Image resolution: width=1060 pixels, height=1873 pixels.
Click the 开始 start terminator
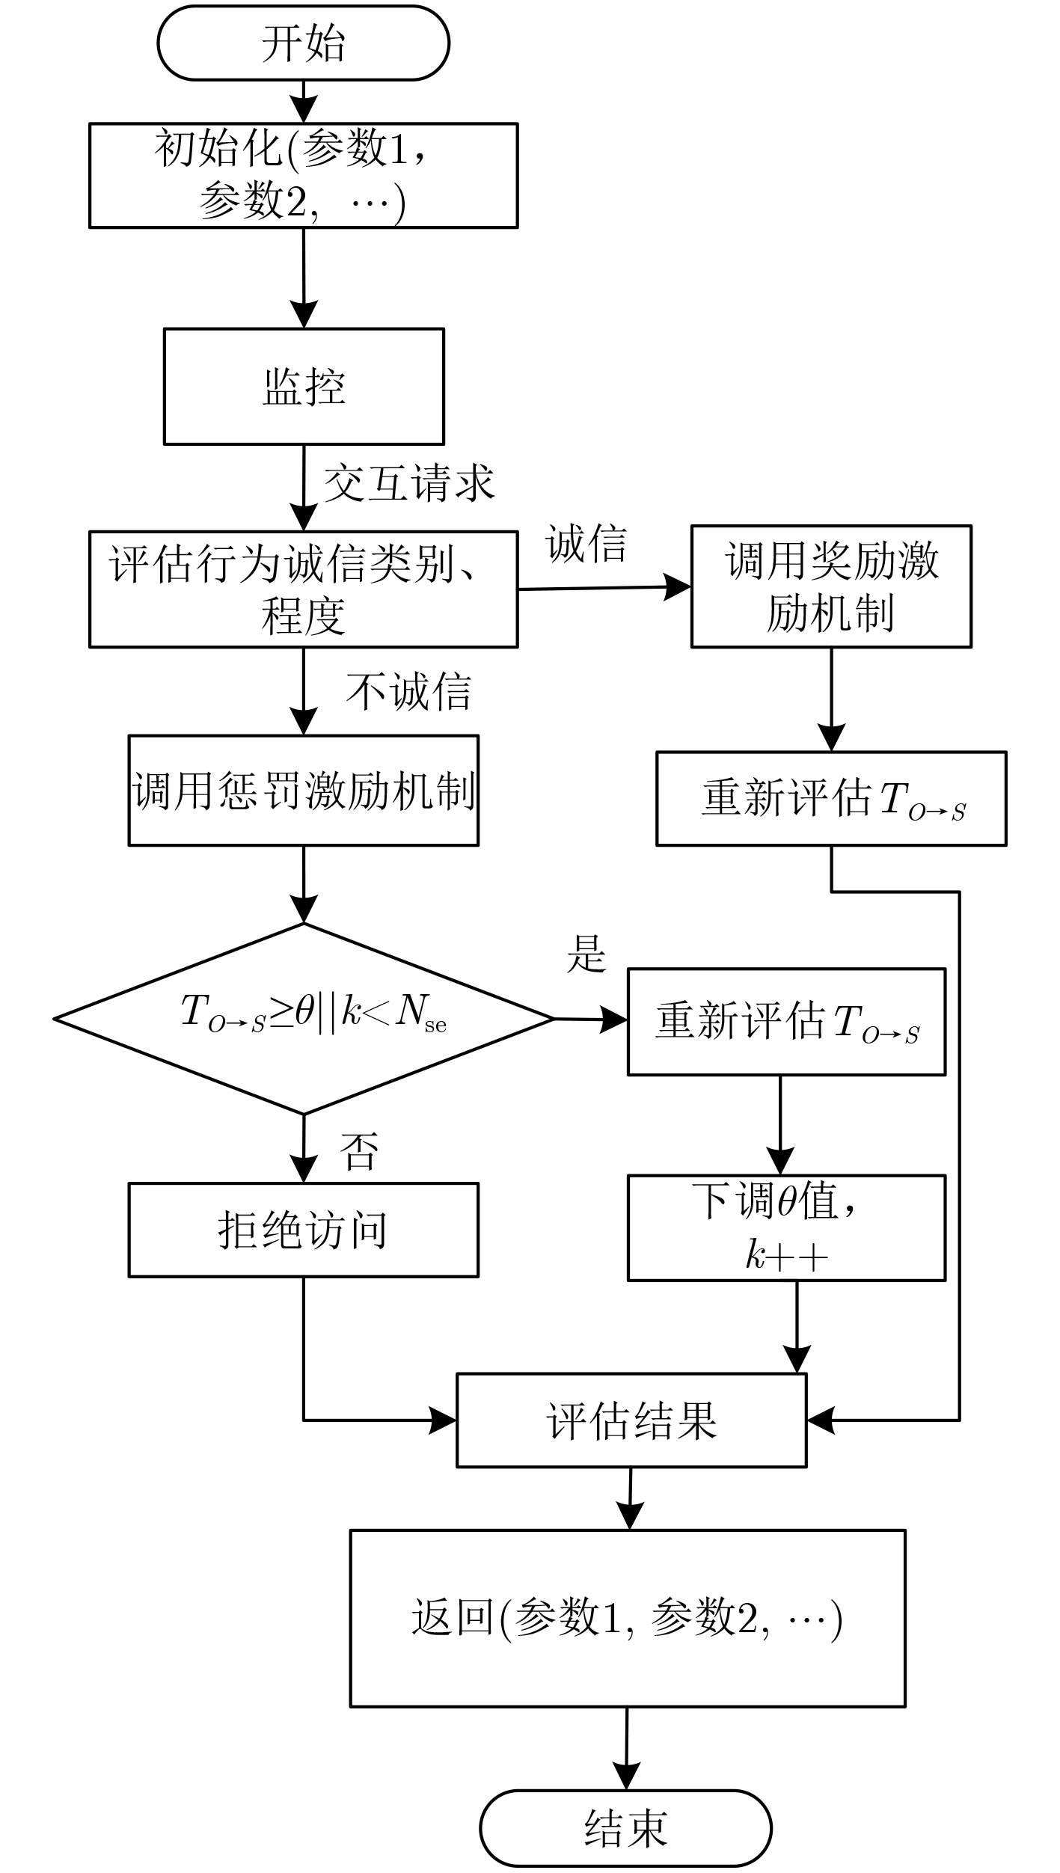pos(303,43)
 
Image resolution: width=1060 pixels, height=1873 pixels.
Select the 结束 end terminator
pos(625,1828)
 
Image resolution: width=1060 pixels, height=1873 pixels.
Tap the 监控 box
pos(304,387)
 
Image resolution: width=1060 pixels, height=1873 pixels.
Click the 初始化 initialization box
pos(303,175)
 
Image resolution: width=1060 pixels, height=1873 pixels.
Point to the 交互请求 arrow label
pos(409,482)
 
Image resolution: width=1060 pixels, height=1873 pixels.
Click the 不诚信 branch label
pos(408,691)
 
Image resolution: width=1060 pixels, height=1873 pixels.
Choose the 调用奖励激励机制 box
pos(831,586)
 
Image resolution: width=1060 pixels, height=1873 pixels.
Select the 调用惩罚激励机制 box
pos(303,791)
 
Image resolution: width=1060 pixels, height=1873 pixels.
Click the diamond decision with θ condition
pos(304,1019)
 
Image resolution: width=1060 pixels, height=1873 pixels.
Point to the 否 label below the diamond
pos(359,1151)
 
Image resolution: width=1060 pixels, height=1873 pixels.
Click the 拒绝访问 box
pos(303,1230)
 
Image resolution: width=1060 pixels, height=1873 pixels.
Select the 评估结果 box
pos(631,1420)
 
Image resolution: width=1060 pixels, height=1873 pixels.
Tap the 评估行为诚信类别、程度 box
pos(303,589)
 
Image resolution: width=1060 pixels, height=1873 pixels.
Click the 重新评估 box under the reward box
pos(831,799)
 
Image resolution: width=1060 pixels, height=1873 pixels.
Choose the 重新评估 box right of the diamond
pos(786,1022)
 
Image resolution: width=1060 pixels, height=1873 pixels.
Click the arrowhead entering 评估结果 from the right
pos(819,1420)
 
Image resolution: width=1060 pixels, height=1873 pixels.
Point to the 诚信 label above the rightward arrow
pos(586,543)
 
